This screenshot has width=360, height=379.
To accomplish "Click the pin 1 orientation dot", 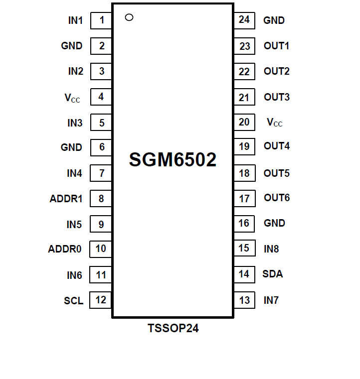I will click(129, 17).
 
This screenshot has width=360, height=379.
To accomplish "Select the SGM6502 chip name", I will click(173, 160).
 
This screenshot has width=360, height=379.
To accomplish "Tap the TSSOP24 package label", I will click(173, 329).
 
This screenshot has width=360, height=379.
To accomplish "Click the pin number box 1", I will click(101, 20).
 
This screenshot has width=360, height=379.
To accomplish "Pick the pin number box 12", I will click(101, 300).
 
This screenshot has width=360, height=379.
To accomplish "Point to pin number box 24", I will click(244, 20).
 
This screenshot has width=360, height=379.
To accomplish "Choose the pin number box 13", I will click(244, 300).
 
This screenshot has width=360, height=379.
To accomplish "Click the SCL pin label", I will click(73, 301).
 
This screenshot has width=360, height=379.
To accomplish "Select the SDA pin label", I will click(273, 274).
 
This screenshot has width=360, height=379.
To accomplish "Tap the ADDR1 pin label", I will click(66, 199).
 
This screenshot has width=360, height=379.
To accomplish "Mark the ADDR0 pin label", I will click(65, 249).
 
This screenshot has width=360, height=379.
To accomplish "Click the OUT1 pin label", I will click(276, 46).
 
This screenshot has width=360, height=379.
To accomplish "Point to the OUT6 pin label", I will click(276, 198).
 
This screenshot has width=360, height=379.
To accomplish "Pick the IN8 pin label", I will click(271, 249).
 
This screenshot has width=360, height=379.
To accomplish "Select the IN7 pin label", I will click(271, 300).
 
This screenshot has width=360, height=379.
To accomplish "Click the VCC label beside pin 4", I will click(72, 98).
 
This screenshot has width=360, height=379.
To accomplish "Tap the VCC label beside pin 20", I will click(274, 123).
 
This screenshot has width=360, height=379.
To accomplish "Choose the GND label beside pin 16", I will click(274, 223).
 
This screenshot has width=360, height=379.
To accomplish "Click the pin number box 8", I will click(101, 199).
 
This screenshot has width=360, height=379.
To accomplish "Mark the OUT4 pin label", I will click(276, 146).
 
